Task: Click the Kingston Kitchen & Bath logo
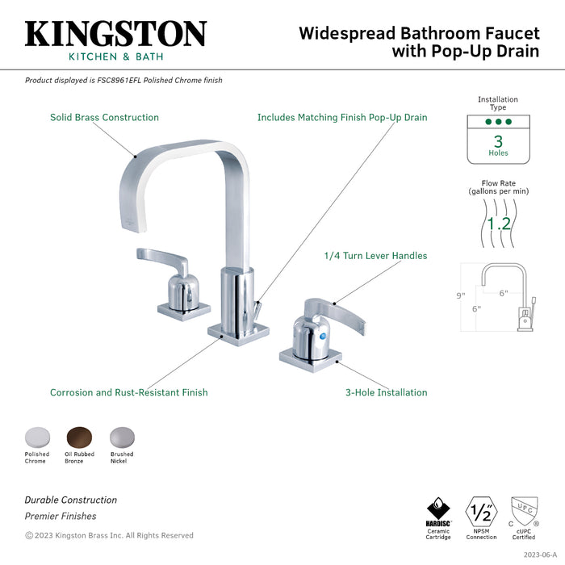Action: [115, 40]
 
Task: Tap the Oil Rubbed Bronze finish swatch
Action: [79, 436]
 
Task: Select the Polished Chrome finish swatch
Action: [36, 436]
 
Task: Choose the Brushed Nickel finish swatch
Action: [122, 436]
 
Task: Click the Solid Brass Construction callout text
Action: [104, 117]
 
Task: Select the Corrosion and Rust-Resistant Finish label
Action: [128, 392]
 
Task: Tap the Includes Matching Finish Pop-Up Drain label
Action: [341, 117]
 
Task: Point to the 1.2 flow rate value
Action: [497, 224]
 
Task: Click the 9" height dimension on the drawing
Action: [461, 295]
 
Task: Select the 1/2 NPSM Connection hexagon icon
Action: [481, 512]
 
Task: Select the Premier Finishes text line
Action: [61, 516]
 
